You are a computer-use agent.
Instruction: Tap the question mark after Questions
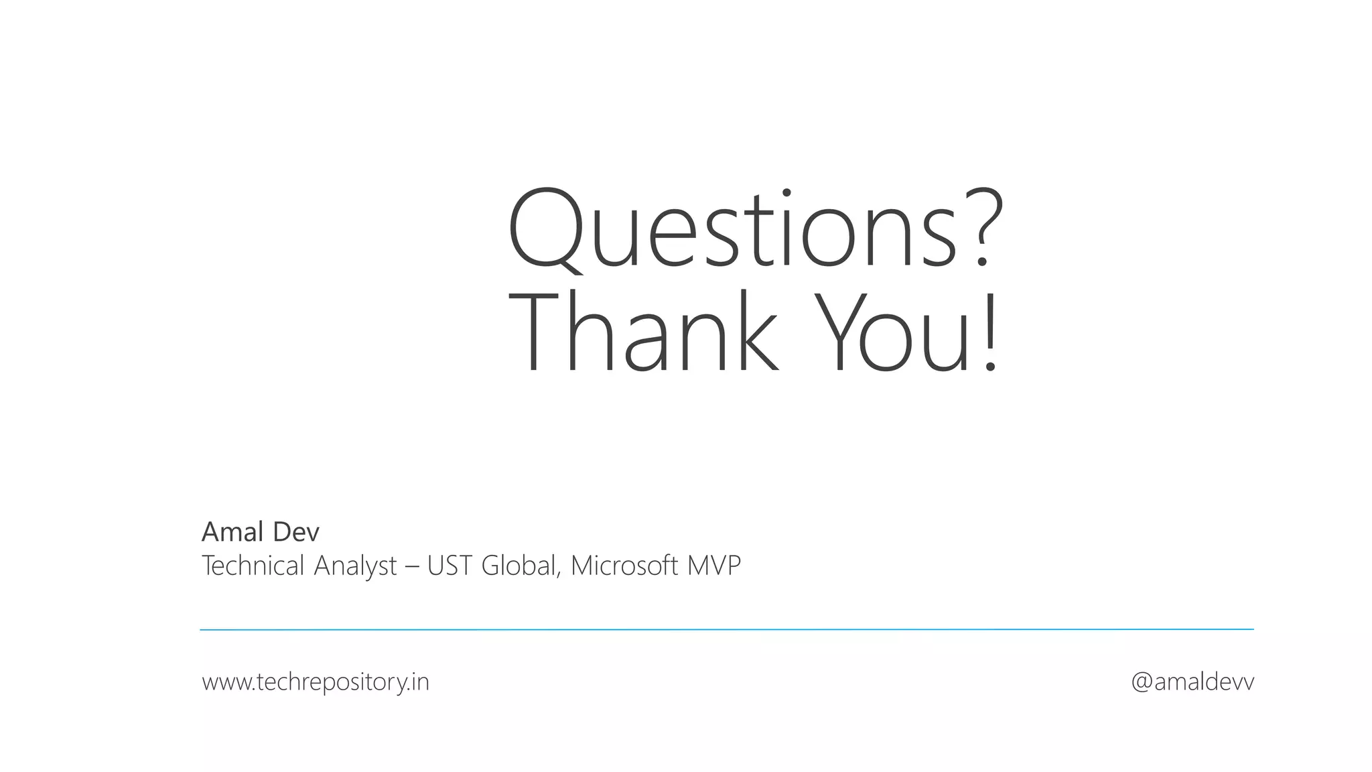click(981, 228)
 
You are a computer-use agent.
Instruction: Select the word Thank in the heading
click(644, 333)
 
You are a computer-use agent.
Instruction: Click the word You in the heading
click(894, 333)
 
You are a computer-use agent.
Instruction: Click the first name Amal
click(232, 532)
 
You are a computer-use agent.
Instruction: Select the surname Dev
click(295, 532)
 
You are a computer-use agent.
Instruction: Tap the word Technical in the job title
click(253, 566)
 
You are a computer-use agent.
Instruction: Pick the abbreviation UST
click(450, 566)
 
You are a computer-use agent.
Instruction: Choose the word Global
click(519, 566)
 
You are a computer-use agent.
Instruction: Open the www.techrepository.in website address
click(316, 682)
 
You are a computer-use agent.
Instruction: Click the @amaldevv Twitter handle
click(1192, 682)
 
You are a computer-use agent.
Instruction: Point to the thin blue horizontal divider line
click(726, 630)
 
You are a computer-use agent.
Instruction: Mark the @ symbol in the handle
click(1142, 683)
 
